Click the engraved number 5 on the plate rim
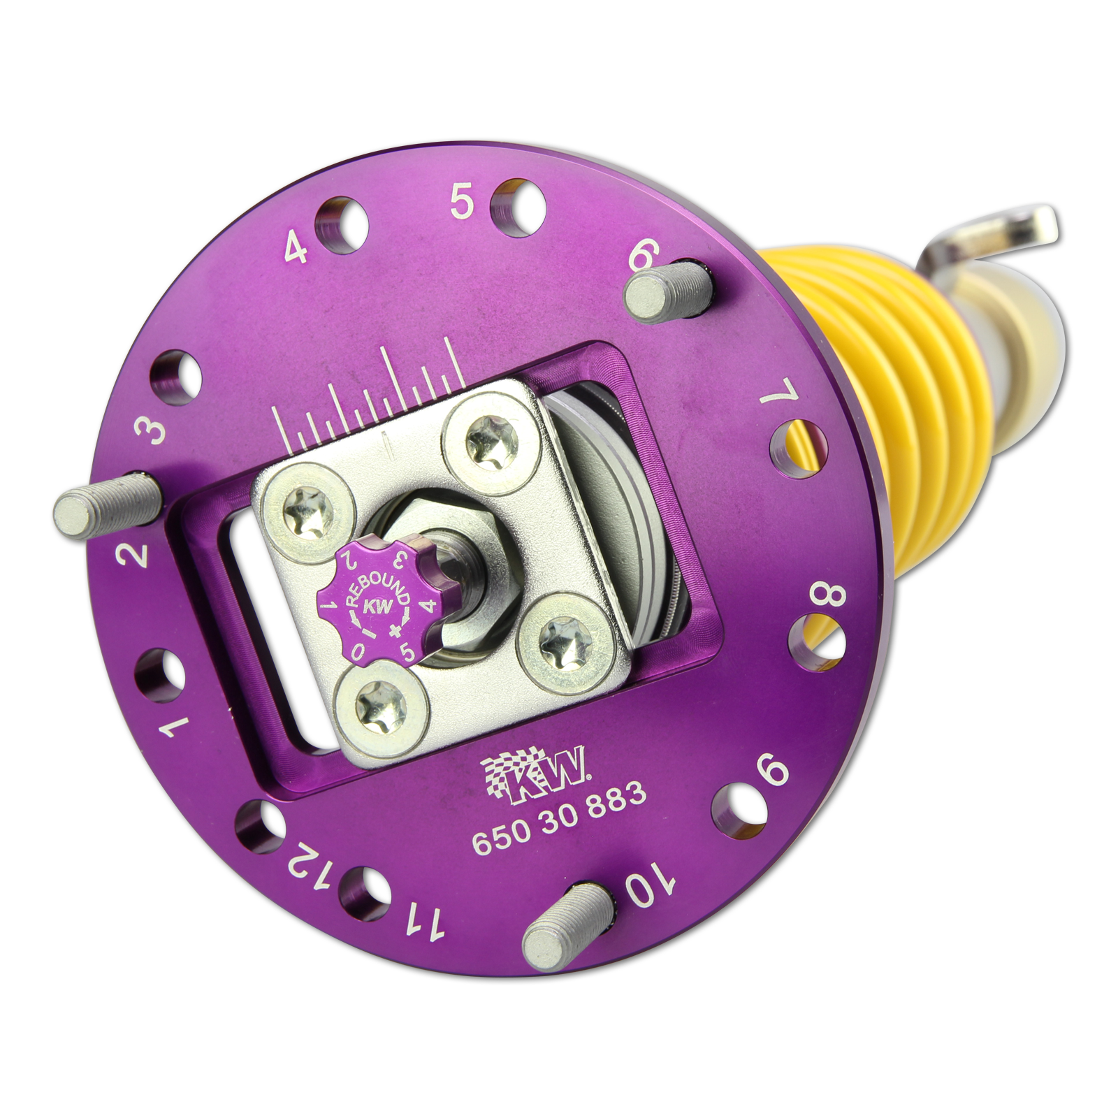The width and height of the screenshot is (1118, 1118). click(x=462, y=202)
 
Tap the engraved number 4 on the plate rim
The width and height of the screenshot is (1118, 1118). click(x=296, y=247)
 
